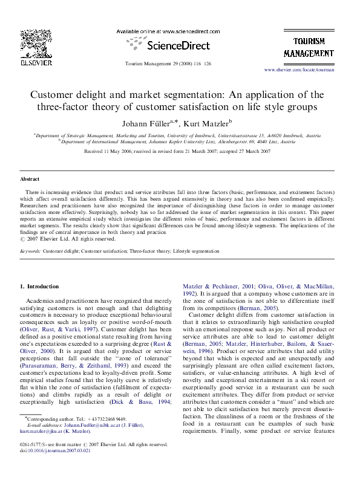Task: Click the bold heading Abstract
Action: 30,180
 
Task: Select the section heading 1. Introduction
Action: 40,286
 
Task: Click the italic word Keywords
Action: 30,250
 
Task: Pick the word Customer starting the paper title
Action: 54,95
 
